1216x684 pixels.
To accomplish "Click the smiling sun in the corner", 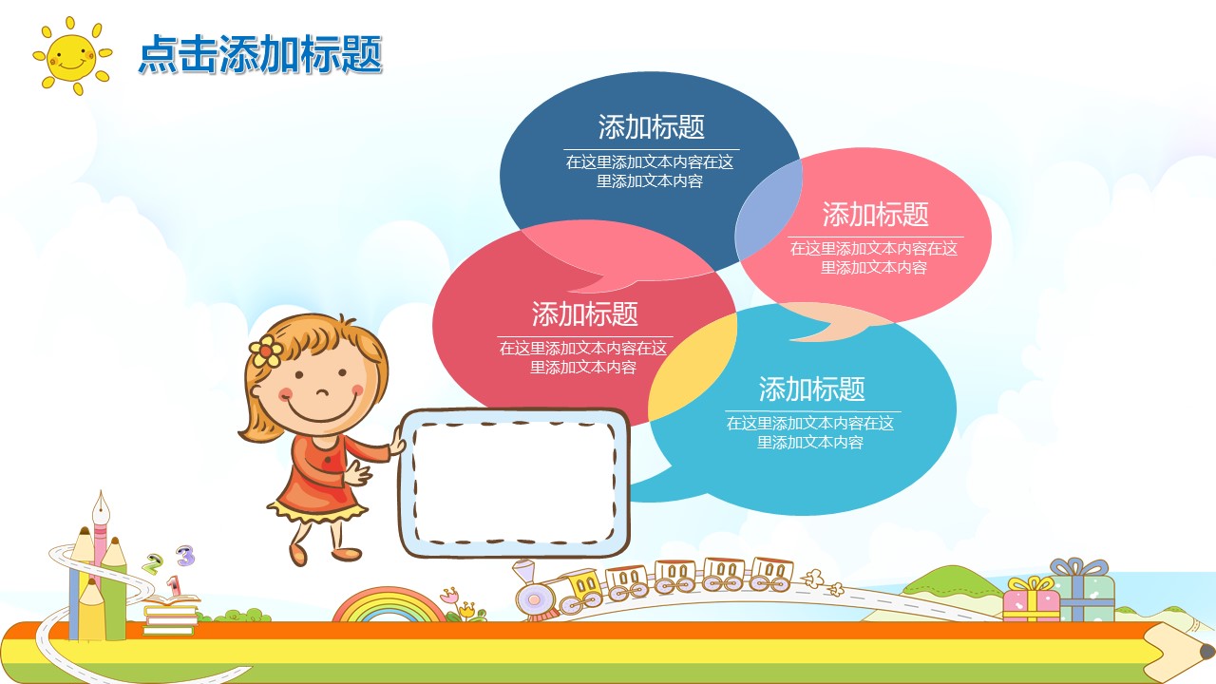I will point(71,56).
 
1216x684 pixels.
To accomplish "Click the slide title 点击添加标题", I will point(259,54).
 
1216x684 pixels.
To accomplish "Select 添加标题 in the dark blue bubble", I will point(651,126).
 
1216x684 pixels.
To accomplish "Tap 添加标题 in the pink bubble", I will point(875,214).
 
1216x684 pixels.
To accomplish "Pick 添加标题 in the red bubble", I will point(584,313).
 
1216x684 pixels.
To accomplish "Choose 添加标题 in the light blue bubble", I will point(811,389).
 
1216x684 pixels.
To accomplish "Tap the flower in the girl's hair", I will point(265,351).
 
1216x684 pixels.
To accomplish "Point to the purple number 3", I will point(185,555).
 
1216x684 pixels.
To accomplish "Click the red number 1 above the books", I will point(173,584).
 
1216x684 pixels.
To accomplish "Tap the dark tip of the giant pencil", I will point(1206,652).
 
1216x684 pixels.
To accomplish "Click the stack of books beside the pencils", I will point(171,617).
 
